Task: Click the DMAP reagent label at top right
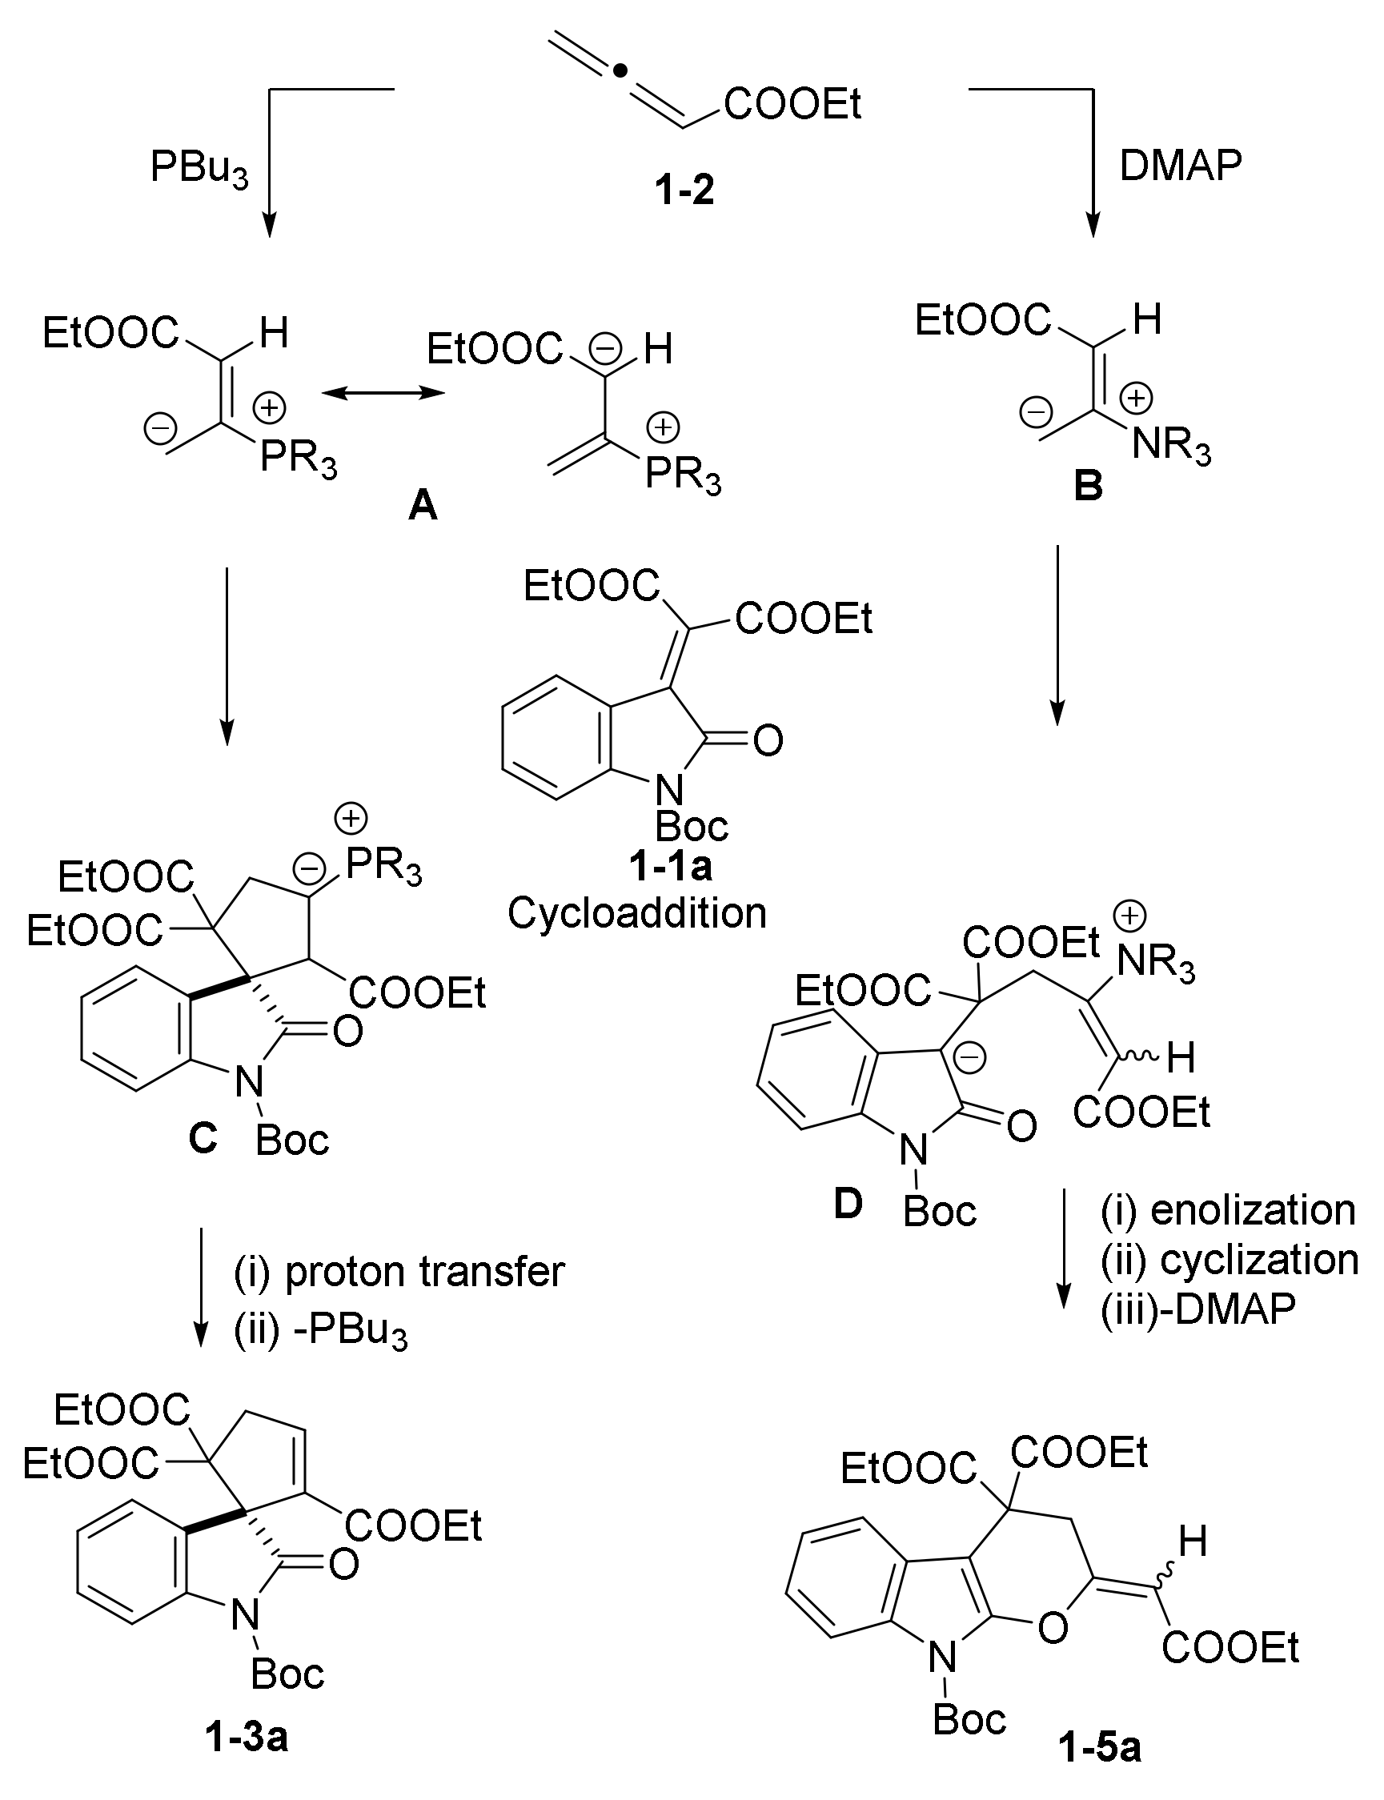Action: pyautogui.click(x=1180, y=166)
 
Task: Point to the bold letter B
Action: pyautogui.click(x=1089, y=487)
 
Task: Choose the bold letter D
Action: pyautogui.click(x=848, y=1205)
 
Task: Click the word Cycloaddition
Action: pyautogui.click(x=637, y=912)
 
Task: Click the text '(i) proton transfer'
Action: pyautogui.click(x=399, y=1271)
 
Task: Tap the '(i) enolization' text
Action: pyautogui.click(x=1228, y=1210)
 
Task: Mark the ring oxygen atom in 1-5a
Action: pyautogui.click(x=1052, y=1627)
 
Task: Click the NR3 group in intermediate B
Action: pyautogui.click(x=1170, y=446)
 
